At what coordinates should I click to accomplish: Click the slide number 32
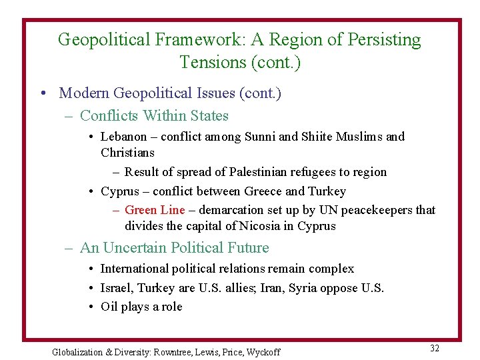point(435,349)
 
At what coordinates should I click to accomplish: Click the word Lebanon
point(123,137)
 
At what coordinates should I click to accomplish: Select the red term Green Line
point(155,210)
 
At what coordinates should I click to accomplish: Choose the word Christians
point(127,153)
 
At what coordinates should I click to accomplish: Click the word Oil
point(109,307)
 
